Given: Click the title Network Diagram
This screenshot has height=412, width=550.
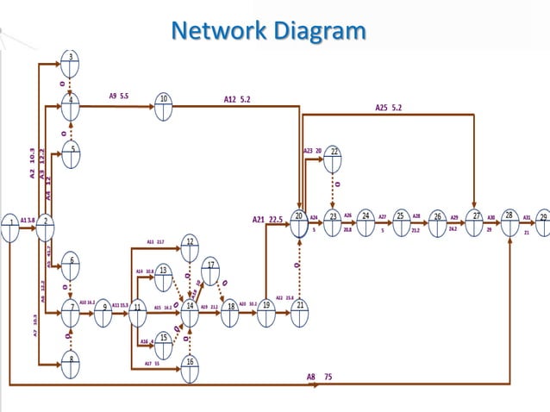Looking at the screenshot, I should click(268, 30).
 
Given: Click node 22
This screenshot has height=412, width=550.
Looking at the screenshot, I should click(334, 158).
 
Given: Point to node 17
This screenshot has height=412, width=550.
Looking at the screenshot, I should click(211, 269).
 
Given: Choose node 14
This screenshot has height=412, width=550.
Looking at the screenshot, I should click(190, 312).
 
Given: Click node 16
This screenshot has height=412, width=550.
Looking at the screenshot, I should click(190, 368).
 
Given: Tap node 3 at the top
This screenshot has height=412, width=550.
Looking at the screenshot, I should click(71, 62).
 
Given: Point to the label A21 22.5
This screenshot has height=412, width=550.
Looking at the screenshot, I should click(267, 219).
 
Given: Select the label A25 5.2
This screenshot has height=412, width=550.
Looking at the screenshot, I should click(388, 108).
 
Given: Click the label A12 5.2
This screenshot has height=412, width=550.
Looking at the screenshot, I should click(237, 99).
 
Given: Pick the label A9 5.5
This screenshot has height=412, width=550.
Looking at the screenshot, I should click(119, 96).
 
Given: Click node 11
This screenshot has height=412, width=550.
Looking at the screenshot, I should click(137, 312).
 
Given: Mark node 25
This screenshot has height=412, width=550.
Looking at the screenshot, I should click(401, 222).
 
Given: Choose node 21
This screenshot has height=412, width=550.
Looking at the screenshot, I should click(299, 311).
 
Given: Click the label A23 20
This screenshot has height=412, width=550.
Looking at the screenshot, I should click(312, 150).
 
